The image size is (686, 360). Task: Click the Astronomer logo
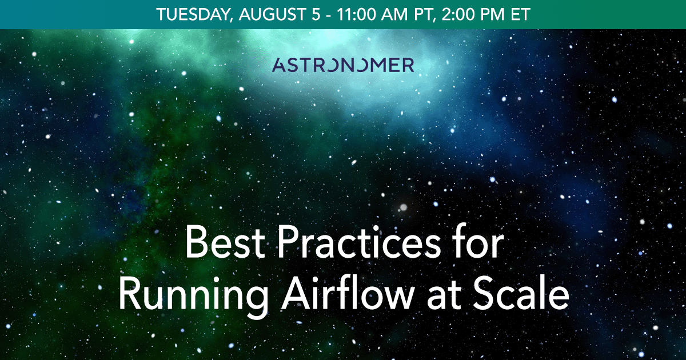tap(343, 65)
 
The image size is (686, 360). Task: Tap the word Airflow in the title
tap(326, 294)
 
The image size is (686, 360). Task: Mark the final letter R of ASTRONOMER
tap(408, 65)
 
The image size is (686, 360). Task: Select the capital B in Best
tap(195, 242)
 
